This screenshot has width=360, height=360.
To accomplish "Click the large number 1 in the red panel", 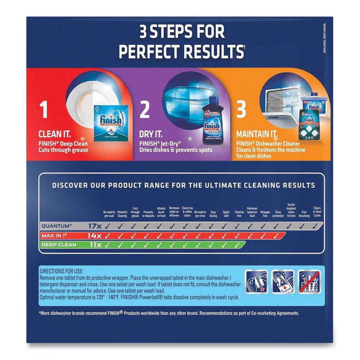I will (44, 111).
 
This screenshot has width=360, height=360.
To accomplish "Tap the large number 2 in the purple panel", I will (144, 111).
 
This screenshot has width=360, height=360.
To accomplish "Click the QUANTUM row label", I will (57, 226).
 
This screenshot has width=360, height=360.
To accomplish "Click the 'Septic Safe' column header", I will (226, 214).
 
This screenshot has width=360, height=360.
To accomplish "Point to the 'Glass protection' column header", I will (278, 214).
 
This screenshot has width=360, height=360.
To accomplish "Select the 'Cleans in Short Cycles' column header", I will (317, 212).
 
